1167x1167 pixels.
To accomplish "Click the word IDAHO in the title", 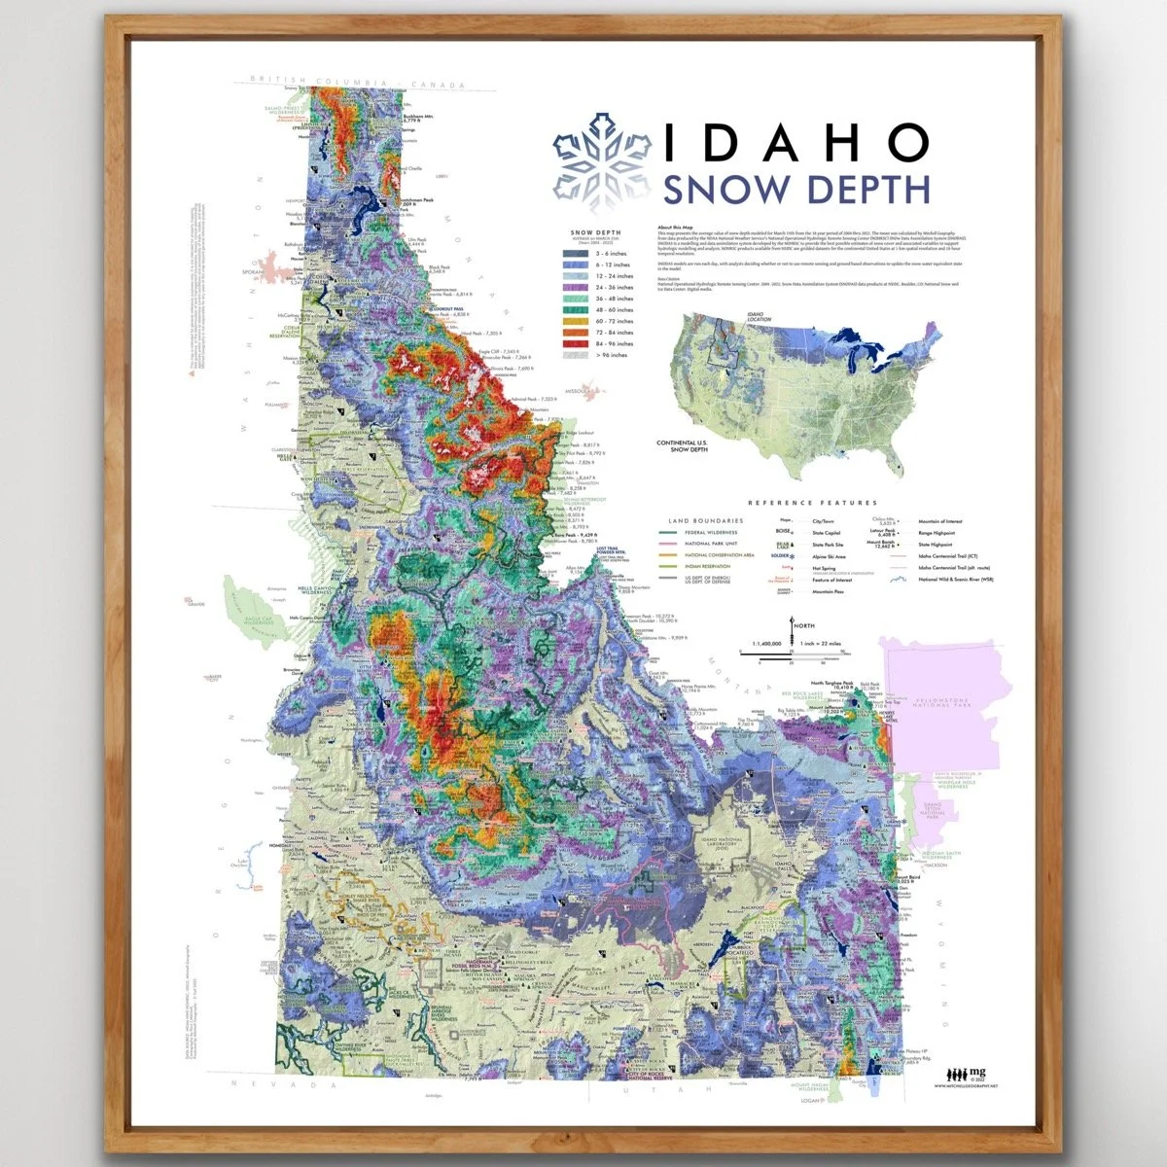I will pos(795,142).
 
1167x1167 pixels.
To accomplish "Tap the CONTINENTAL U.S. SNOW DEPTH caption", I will pos(682,446).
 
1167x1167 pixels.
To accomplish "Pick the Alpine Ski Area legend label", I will pos(830,557).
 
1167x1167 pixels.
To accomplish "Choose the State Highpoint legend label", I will pos(937,546).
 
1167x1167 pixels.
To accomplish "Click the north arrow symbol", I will pos(794,628).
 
